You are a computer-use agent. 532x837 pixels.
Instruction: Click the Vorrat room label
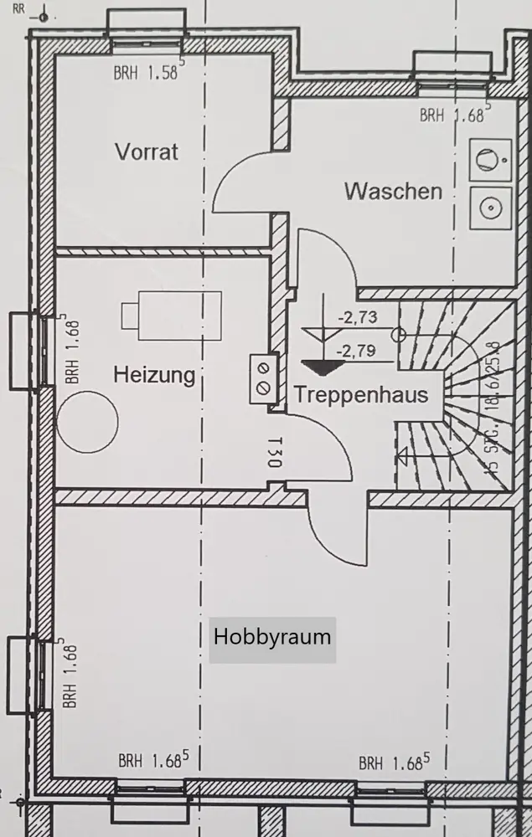(147, 151)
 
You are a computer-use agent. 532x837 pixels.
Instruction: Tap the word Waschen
(393, 191)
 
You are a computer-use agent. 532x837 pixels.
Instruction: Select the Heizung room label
(153, 374)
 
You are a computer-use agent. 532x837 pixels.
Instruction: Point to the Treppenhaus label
(360, 394)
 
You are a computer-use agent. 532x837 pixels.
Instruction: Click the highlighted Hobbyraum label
(272, 637)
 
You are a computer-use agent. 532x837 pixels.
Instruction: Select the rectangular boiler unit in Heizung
(172, 316)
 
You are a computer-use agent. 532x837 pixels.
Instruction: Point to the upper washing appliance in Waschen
(489, 158)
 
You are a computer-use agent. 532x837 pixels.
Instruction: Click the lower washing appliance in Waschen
(489, 204)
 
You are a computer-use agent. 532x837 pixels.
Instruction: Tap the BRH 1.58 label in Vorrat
(148, 73)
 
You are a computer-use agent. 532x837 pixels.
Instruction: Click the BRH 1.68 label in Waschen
(454, 115)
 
